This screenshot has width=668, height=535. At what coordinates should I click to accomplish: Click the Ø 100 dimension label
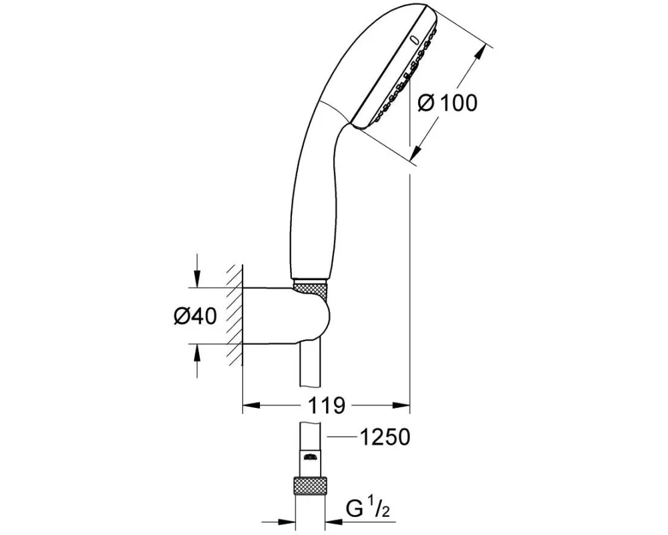pos(448,103)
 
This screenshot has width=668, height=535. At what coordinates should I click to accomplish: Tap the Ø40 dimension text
pos(196,316)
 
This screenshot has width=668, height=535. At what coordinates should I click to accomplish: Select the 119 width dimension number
pos(327,405)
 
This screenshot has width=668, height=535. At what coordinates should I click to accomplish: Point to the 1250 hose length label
pos(385,437)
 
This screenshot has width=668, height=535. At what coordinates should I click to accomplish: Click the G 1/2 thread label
pos(368,509)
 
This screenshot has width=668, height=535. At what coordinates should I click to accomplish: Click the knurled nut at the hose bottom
pos(311,487)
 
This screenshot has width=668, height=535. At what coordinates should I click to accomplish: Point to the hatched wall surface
pos(234,315)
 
